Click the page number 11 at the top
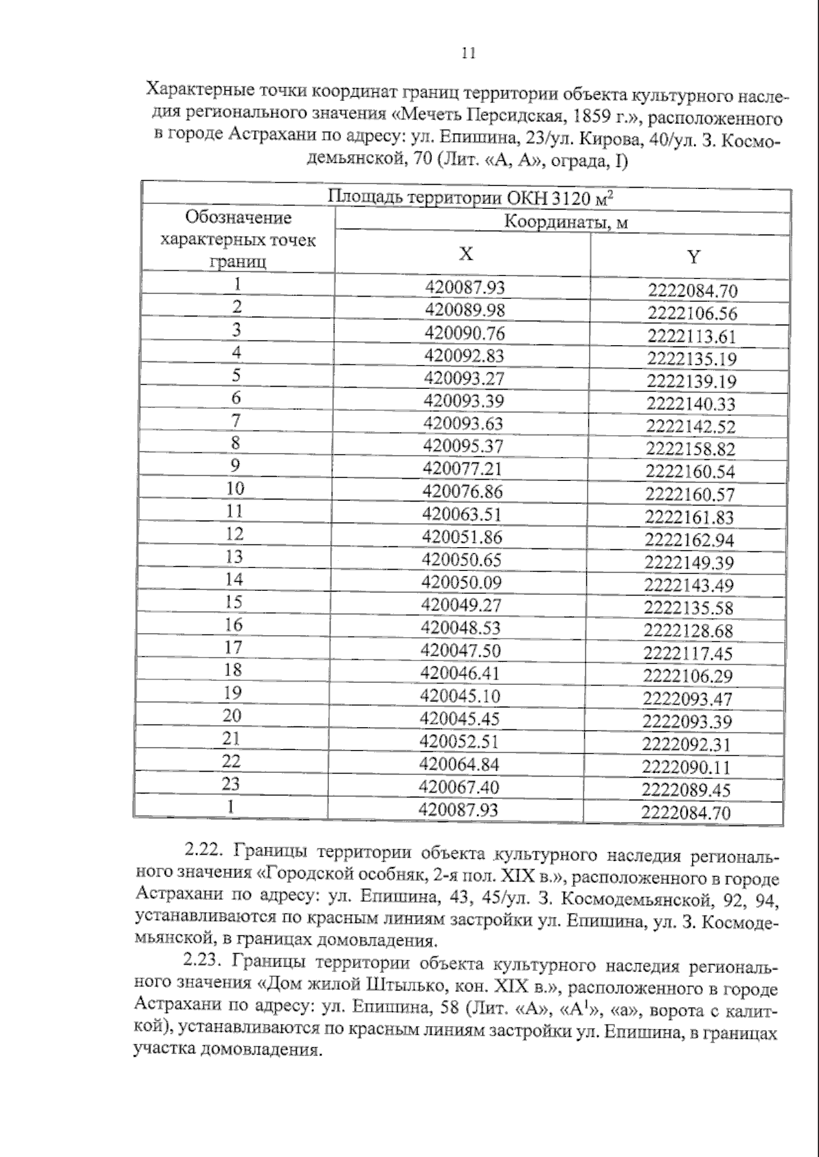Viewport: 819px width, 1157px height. (468, 54)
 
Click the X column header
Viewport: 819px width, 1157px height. (465, 254)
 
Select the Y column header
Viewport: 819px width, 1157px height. (693, 257)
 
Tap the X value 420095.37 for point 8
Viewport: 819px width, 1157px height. (463, 446)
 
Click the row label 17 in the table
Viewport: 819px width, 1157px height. (233, 647)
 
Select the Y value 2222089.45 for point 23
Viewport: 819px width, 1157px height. (686, 790)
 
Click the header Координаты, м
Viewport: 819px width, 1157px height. (566, 222)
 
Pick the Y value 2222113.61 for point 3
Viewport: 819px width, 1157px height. (692, 336)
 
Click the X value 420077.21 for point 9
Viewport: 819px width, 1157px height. (462, 469)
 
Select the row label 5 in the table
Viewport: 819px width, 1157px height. (236, 375)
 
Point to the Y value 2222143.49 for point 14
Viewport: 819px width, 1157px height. (689, 585)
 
